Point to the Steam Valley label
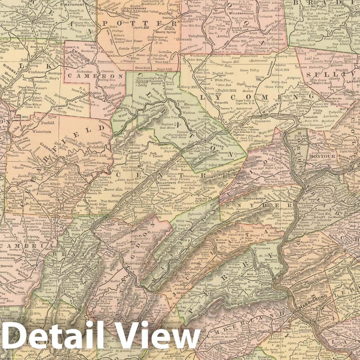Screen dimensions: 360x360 point(250,70)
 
